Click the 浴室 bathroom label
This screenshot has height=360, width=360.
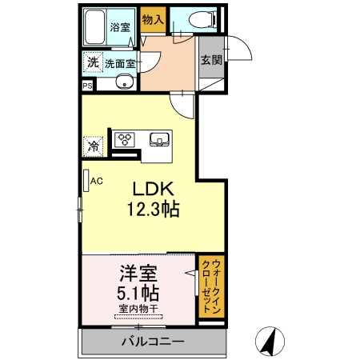122,27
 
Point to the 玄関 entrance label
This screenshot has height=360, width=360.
211,60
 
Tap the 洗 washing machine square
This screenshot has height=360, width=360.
92,62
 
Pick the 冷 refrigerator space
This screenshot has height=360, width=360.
94,146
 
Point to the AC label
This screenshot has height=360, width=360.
96,181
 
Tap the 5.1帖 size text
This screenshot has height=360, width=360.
137,293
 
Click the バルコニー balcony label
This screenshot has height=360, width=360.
153,342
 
